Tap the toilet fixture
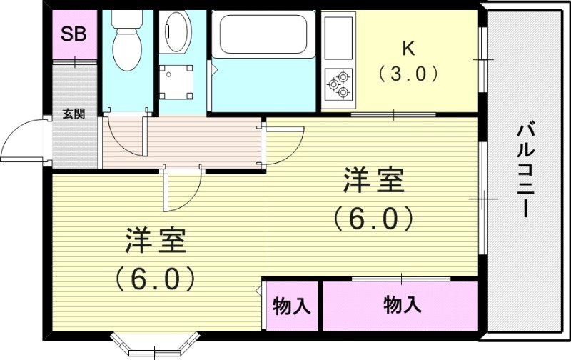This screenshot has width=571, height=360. pos(128,43)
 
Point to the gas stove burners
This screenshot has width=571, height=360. pos(338,84)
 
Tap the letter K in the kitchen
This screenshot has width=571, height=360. pos(408,48)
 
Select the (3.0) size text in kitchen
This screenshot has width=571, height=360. pos(408,74)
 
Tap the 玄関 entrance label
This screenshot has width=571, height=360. pos(73,114)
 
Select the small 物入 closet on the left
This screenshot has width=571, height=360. pos(291,306)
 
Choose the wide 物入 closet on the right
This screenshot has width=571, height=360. pos(402,305)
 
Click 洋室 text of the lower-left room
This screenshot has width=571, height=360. pos(157,241)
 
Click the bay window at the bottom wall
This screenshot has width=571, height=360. pos(154,344)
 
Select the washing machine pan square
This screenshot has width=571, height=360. pos(175,80)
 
